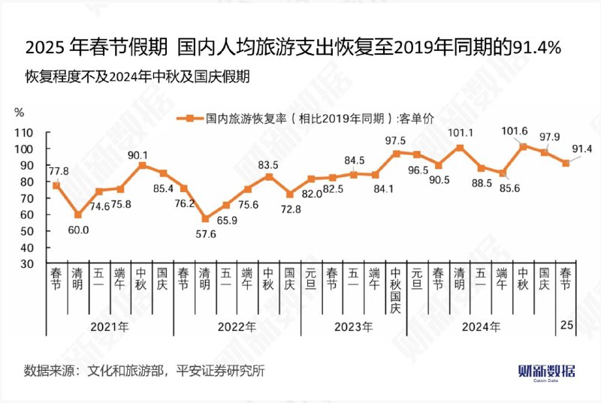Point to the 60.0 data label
(x=78, y=230)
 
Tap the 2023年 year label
(x=353, y=327)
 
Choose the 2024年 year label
(x=481, y=327)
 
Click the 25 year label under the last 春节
(x=566, y=326)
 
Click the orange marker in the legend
(x=190, y=118)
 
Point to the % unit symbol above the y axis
(x=20, y=112)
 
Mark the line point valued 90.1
(x=142, y=165)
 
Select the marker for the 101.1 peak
(x=460, y=148)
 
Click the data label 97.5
(x=395, y=140)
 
